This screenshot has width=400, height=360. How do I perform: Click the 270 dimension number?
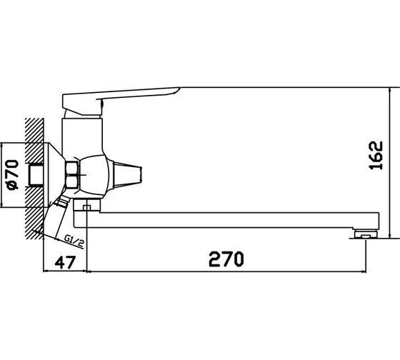226,259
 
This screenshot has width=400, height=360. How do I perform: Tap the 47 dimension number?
65,262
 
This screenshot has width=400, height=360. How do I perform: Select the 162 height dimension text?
376,156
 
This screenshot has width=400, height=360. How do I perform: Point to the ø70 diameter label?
13,175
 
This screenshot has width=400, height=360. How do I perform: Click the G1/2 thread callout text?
74,241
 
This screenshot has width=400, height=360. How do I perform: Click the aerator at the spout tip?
365,234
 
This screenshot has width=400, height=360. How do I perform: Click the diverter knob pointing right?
127,175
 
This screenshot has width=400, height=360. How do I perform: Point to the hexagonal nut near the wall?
72,175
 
